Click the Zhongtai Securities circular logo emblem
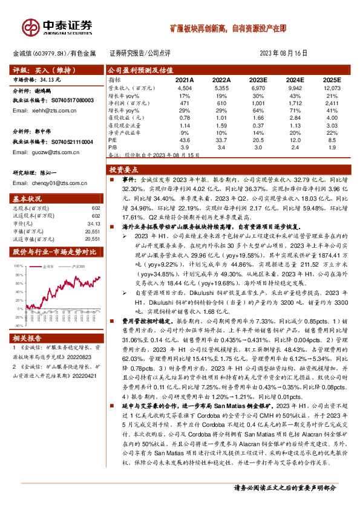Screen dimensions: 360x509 (x=30, y=27)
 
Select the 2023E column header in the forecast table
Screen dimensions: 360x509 (x=258, y=80)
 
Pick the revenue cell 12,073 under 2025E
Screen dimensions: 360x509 (x=331, y=88)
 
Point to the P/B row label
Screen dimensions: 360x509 (x=112, y=146)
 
